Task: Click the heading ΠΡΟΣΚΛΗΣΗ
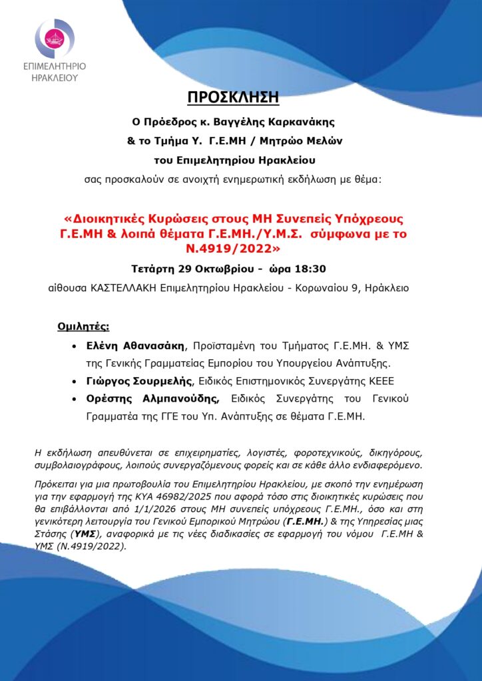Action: click(241, 98)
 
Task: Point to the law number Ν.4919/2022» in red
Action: click(240, 249)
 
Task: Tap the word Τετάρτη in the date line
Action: click(153, 269)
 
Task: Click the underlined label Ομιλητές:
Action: click(83, 327)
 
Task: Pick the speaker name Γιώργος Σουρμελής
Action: click(138, 381)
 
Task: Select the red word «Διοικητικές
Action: click(109, 219)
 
